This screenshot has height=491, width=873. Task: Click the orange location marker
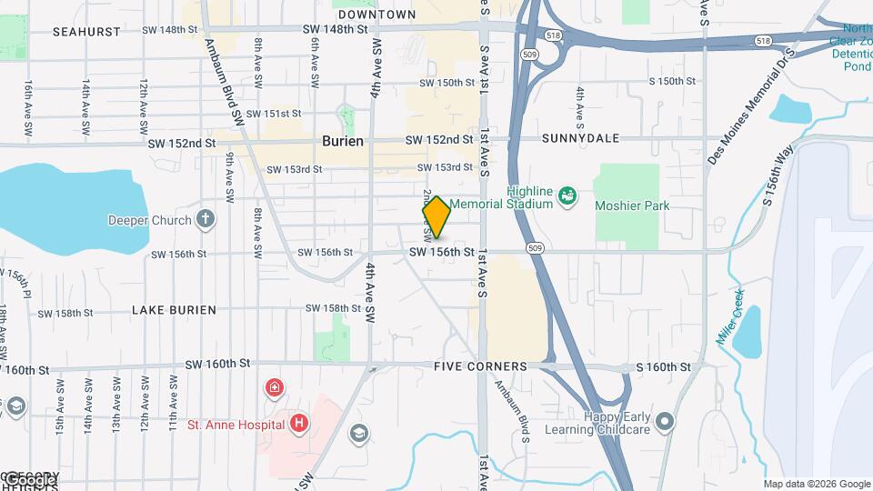pos(436,217)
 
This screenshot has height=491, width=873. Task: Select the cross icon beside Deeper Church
pos(206,219)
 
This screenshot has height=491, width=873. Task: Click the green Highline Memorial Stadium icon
pos(567,196)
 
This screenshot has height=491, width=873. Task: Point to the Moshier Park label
pos(632,205)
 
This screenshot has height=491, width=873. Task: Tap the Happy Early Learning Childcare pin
pos(665,421)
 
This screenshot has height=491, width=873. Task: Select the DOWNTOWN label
pos(376,15)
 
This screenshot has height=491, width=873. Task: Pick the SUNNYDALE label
pos(580,138)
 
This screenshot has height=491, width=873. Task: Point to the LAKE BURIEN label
pos(174,310)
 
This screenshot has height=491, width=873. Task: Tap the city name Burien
pos(343,141)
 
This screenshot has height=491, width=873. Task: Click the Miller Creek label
pos(730,316)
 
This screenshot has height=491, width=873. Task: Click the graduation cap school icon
pos(358,433)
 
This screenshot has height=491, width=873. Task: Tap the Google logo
pos(29,479)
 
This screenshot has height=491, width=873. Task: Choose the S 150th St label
pos(672,82)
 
